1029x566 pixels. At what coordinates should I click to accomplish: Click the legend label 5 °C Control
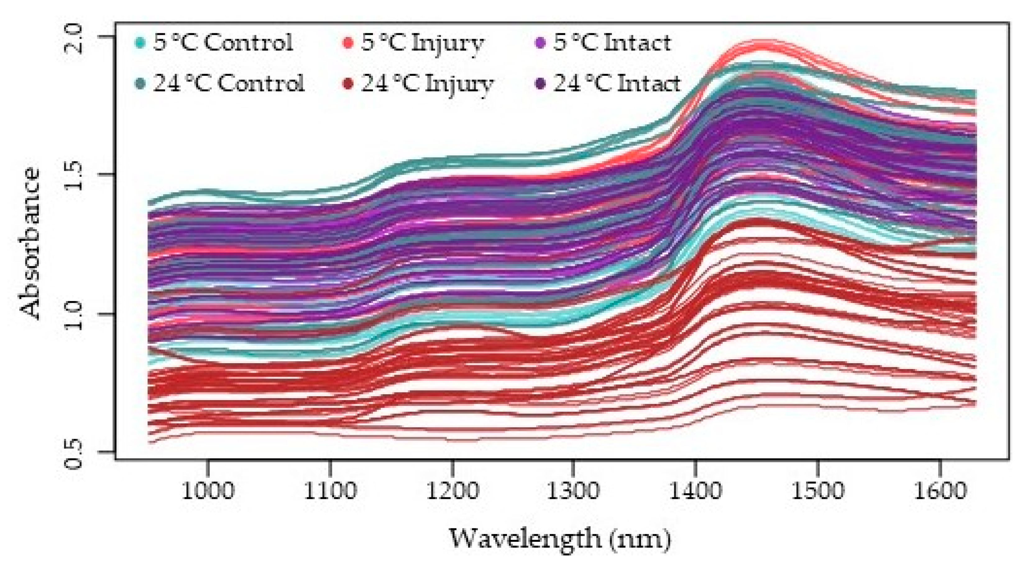coord(223,43)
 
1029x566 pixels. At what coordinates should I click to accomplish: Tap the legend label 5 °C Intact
coord(612,43)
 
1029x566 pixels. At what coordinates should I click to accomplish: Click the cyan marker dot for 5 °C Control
coord(140,43)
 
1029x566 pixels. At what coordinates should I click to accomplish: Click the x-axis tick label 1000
coord(208,491)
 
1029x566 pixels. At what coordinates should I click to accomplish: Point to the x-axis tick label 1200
coord(452,491)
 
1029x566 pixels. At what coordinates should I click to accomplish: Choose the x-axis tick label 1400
coord(696,491)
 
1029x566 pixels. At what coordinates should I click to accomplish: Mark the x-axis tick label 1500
coord(817,491)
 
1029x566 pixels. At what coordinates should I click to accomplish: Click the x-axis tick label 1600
coord(940,491)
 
